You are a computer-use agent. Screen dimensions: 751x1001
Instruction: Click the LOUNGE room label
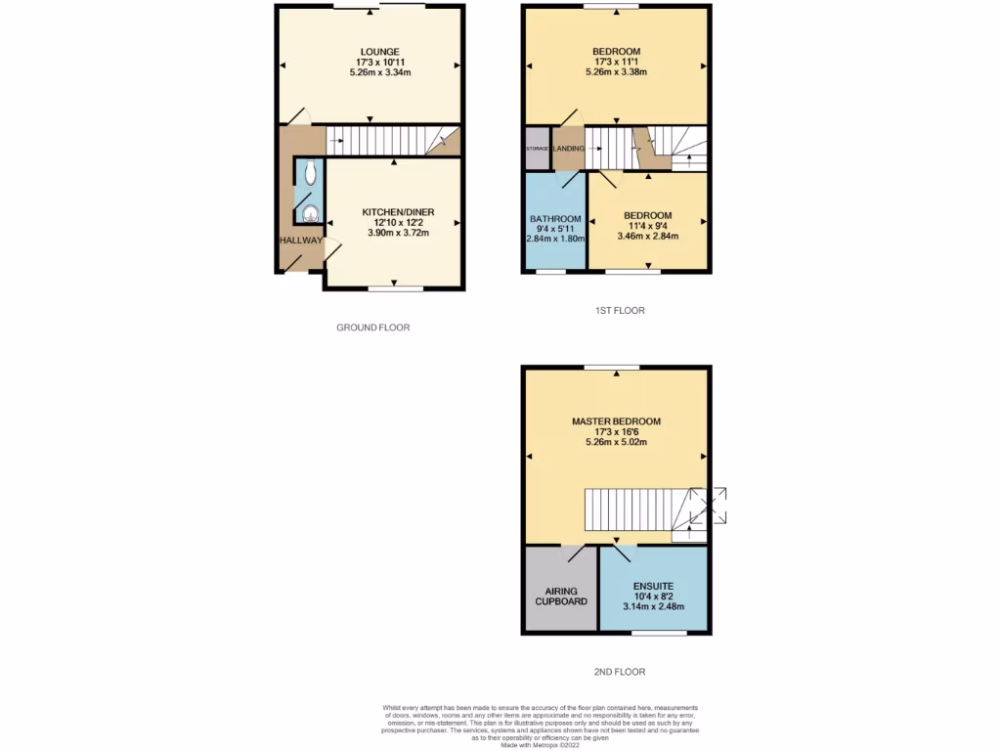379,51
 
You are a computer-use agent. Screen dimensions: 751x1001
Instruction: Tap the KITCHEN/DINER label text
398,212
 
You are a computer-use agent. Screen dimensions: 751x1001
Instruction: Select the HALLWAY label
300,241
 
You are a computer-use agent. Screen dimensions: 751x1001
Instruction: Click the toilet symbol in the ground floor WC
310,174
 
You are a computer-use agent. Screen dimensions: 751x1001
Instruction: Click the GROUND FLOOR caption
372,328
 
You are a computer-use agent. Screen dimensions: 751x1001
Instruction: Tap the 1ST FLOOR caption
620,311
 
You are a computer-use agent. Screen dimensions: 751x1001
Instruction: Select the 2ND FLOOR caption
620,672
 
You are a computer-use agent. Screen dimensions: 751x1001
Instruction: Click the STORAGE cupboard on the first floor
537,149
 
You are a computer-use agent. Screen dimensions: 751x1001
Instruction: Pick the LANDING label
568,149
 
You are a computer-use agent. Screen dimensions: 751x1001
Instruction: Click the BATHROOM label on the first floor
555,219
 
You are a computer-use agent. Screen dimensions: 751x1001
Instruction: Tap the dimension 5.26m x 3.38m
616,72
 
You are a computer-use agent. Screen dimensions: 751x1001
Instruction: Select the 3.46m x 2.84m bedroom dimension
647,237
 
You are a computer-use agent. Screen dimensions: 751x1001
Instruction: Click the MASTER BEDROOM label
616,421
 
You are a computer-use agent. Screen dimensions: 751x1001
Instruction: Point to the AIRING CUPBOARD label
561,596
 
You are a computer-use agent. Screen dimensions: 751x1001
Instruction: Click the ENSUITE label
653,585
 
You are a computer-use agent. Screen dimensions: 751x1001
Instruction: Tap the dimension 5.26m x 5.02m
616,442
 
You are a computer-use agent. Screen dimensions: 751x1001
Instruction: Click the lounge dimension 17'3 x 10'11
379,62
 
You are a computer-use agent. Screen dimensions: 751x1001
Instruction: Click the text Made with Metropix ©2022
540,744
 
